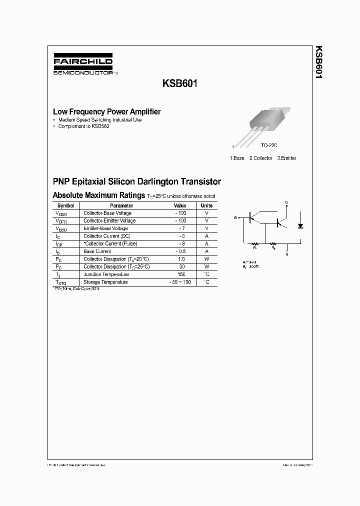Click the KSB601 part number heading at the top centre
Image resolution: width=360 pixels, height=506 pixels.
179,84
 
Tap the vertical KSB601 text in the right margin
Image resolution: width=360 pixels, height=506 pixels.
318,64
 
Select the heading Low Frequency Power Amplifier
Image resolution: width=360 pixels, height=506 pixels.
106,112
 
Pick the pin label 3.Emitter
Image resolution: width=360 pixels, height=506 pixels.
286,158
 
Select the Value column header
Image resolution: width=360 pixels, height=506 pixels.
180,205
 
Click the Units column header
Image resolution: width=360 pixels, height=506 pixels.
206,205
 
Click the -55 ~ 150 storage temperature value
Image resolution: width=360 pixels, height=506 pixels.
180,282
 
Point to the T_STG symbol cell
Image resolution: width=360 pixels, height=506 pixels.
60,283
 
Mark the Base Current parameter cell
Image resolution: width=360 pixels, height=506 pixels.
97,251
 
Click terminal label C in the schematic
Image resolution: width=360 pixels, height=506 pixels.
286,202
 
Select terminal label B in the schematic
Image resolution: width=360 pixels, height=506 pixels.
234,218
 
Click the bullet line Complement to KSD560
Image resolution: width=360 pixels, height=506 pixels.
83,126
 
